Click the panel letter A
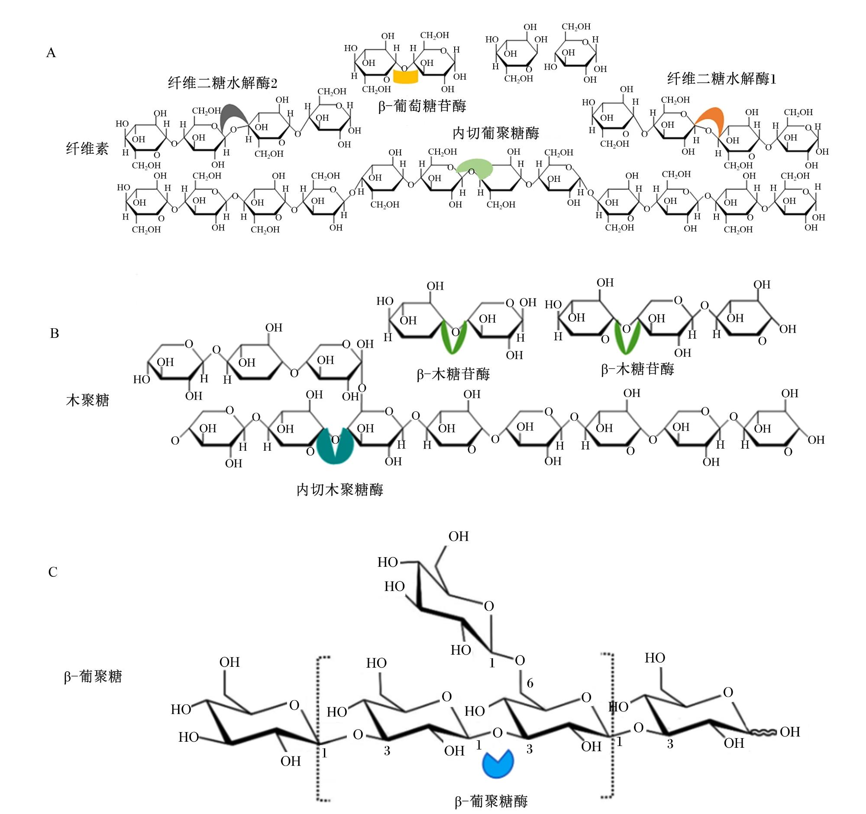coord(51,53)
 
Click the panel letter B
coord(55,333)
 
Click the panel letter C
coord(53,572)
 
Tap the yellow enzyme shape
coord(406,77)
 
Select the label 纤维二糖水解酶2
coord(223,83)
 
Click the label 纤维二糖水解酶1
coord(722,79)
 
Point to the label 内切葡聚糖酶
coord(496,133)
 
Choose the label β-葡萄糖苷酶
coord(422,106)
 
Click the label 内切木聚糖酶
coord(340,490)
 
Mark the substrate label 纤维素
coord(87,149)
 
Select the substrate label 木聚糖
coord(87,400)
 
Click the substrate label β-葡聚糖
coord(93,676)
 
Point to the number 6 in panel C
coord(530,683)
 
